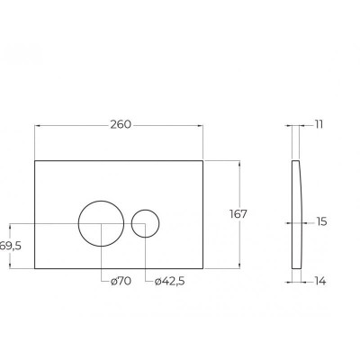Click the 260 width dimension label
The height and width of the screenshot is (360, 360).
tap(121, 124)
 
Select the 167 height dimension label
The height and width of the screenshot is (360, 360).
tap(238, 214)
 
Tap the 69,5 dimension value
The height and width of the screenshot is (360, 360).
tap(11, 246)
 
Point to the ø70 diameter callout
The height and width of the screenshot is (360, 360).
tap(121, 281)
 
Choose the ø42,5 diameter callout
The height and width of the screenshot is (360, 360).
tap(169, 281)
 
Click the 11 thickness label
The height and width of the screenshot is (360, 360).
tap(319, 124)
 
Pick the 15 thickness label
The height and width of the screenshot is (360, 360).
tap(321, 222)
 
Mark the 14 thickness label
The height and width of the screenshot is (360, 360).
tap(320, 282)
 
